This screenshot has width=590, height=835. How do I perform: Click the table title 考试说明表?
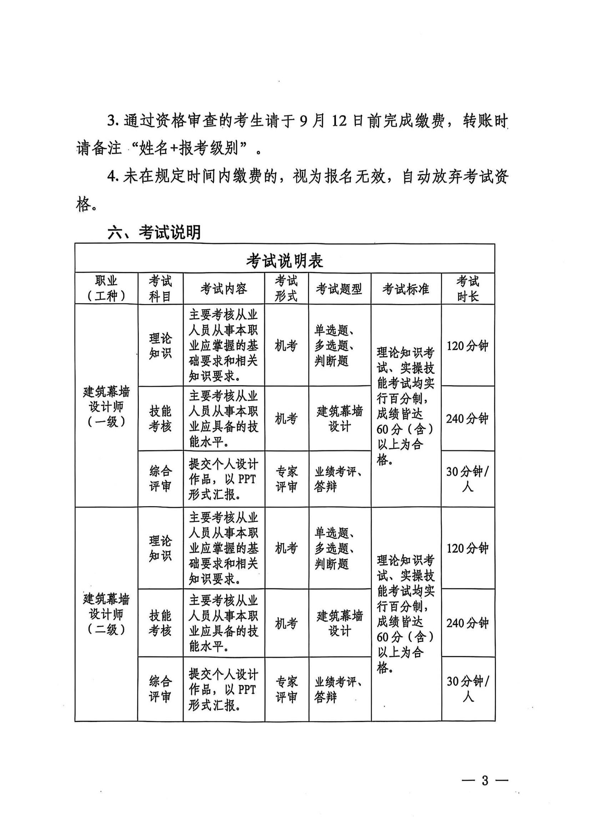point(284,261)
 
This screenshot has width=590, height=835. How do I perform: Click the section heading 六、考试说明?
point(154,232)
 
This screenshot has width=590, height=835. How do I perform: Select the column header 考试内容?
point(223,289)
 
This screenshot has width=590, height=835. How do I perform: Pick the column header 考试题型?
point(339,289)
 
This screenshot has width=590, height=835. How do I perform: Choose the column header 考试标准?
point(406,289)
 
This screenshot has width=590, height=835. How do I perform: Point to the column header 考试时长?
point(468,289)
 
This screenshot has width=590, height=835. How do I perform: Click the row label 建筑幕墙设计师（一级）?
point(106,406)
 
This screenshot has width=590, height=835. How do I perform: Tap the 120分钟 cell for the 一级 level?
point(468,346)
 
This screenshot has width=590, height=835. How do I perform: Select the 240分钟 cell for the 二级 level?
point(468,623)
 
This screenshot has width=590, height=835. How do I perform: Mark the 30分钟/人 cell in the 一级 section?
point(468,479)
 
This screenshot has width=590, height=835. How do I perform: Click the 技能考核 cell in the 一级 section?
point(160,419)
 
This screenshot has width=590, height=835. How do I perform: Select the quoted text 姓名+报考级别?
point(189,149)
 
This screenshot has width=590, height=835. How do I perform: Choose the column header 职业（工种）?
point(106,289)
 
